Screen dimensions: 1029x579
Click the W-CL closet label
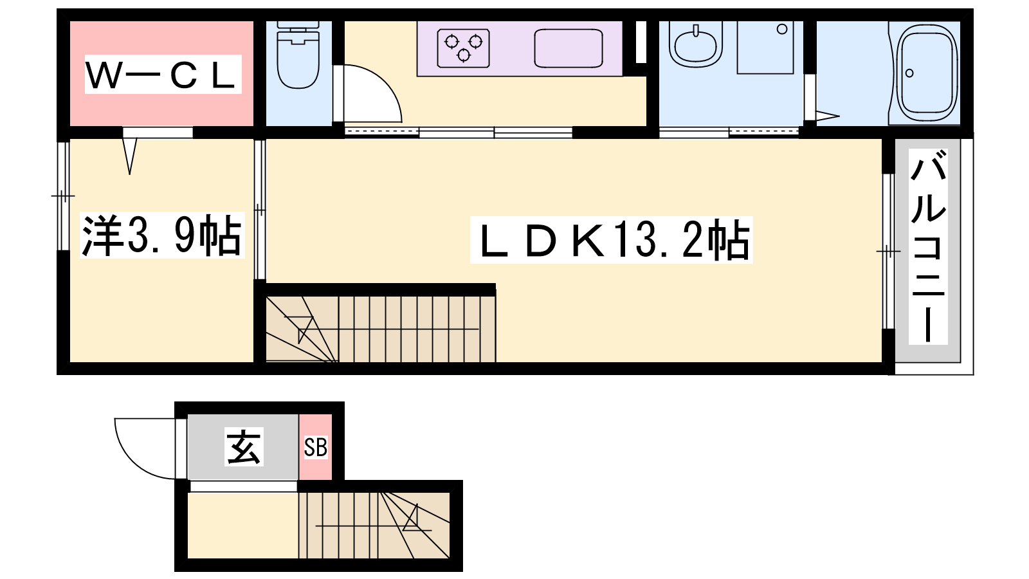163,75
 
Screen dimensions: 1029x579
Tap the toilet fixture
298,55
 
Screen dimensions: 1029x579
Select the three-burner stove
463,48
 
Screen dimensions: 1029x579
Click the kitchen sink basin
569,48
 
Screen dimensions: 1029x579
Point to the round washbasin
695,44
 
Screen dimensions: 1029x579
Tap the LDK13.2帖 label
611,240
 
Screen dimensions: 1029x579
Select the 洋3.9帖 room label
161,235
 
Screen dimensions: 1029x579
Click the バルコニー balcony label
928,246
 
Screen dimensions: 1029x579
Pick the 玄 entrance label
244,446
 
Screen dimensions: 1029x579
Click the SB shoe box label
316,447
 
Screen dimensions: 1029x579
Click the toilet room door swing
372,94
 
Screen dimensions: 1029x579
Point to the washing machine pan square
765,48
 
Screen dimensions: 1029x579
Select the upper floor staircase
381,329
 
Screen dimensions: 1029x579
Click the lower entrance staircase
374,525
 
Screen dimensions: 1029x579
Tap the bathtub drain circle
909,73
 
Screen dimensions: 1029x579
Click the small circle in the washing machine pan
782,30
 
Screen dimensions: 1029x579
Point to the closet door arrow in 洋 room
130,156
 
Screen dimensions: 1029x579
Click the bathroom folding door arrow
828,116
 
